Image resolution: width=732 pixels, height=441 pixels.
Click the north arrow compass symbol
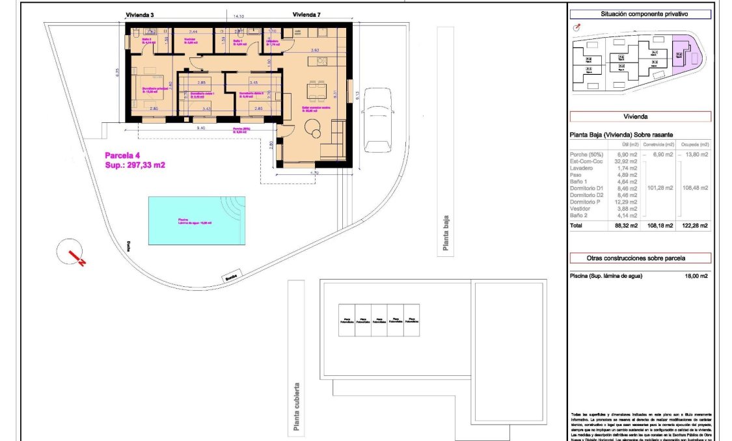[x=72, y=252]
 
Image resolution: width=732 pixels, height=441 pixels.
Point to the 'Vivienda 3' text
[x=139, y=14]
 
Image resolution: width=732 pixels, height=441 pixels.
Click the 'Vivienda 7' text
[x=306, y=14]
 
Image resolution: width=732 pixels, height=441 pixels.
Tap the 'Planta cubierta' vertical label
[x=297, y=407]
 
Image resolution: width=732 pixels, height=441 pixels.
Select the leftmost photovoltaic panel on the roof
[x=346, y=320]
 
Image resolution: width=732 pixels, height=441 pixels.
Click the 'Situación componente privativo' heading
[x=640, y=14]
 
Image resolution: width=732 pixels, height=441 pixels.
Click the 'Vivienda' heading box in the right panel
[x=640, y=117]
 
